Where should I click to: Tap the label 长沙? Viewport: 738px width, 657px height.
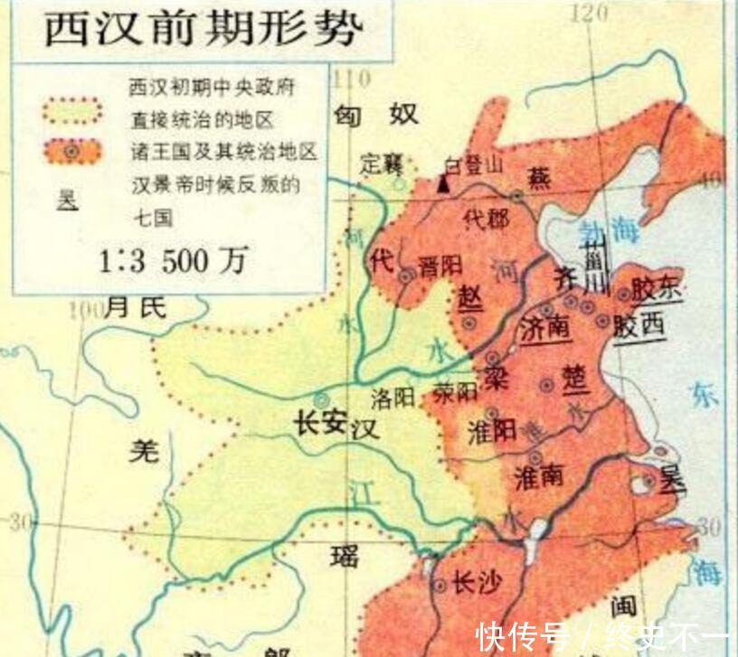(475, 583)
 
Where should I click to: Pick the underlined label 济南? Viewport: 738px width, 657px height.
(545, 328)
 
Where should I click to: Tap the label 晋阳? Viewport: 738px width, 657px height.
(441, 267)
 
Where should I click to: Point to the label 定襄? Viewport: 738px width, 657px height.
(381, 164)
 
